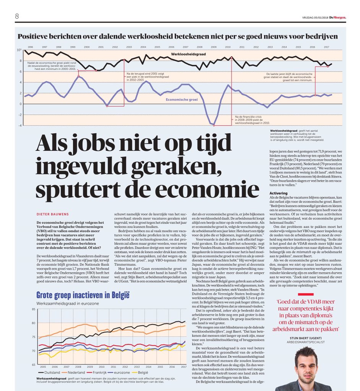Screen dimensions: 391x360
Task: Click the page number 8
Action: (x=17, y=16)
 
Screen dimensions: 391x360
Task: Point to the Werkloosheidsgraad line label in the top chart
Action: (x=188, y=54)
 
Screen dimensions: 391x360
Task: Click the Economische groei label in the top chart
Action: (x=182, y=99)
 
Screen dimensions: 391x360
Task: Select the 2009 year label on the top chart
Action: (x=214, y=47)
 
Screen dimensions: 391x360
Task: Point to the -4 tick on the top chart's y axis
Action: (x=19, y=125)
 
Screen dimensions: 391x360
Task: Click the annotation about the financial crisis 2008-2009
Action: (x=252, y=120)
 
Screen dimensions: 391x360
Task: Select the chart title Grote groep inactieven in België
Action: (x=83, y=295)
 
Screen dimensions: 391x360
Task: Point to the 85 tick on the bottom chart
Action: (x=34, y=309)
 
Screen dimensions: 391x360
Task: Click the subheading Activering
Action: (x=279, y=193)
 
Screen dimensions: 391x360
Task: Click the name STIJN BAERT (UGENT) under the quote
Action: (x=308, y=338)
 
